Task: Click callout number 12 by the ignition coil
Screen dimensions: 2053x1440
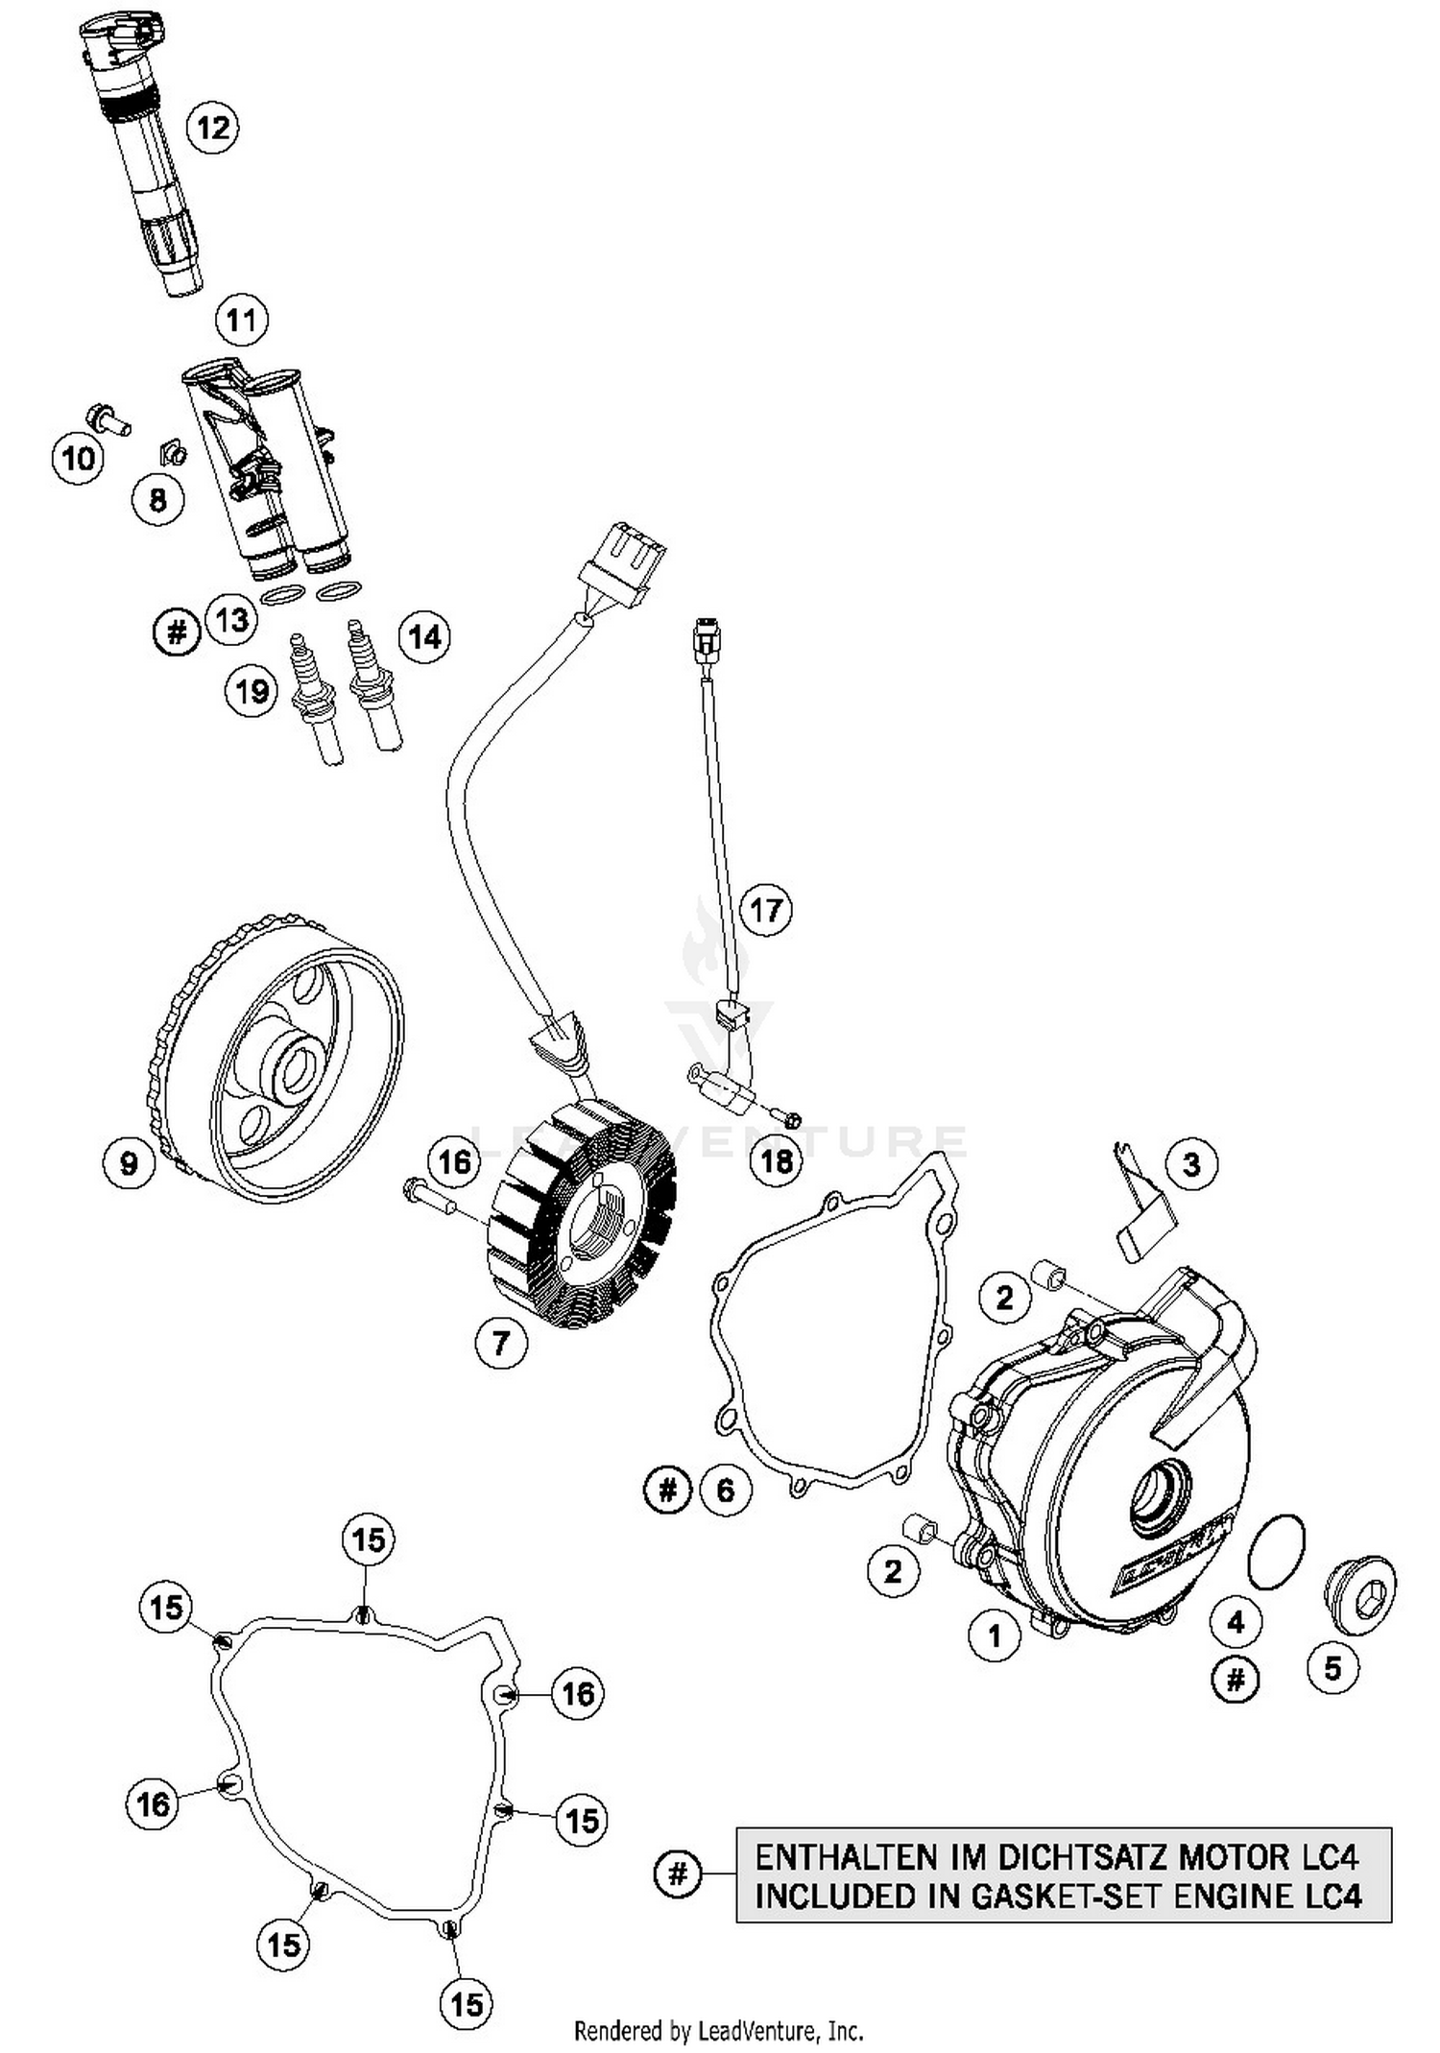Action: coord(212,126)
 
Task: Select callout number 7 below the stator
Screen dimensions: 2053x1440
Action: coord(501,1342)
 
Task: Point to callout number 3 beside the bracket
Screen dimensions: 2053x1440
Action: coord(1191,1164)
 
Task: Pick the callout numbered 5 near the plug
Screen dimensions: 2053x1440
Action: coord(1332,1668)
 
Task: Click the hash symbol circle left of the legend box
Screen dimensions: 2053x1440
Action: coord(678,1873)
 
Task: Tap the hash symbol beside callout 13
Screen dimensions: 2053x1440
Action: coord(177,632)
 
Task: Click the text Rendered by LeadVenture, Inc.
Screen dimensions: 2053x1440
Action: coord(718,2031)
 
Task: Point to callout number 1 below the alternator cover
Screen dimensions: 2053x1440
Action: coord(995,1635)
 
